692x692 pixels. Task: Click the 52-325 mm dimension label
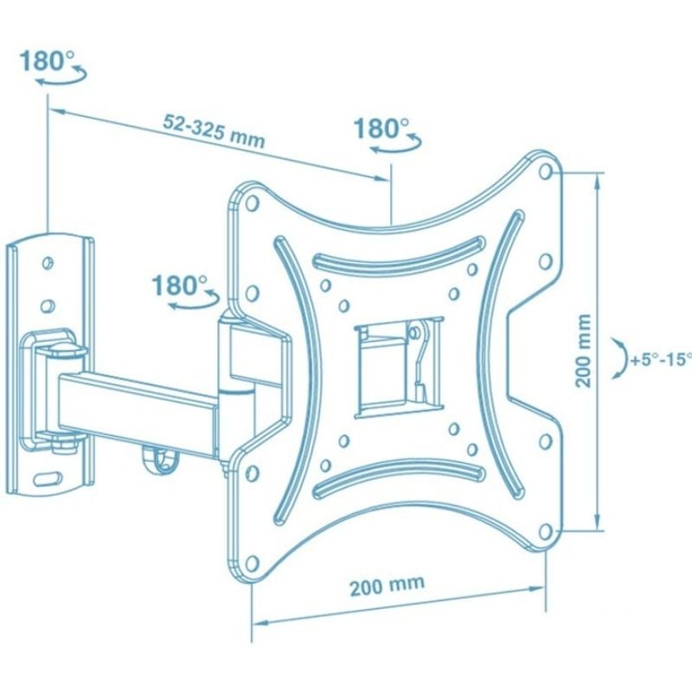click(x=214, y=131)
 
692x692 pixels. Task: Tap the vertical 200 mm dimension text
click(x=583, y=351)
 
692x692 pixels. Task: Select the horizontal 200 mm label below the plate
click(x=387, y=586)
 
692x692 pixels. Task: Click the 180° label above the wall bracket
click(x=48, y=61)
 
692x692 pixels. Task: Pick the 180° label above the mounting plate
click(x=382, y=128)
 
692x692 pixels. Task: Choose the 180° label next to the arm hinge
click(x=180, y=285)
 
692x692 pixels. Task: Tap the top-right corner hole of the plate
click(x=546, y=171)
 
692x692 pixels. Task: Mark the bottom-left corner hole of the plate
click(x=252, y=563)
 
